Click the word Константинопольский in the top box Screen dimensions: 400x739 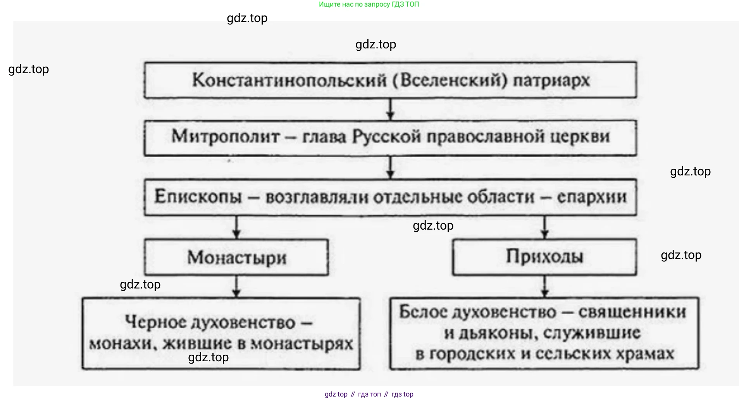click(x=289, y=81)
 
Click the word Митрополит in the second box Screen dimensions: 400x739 click(x=225, y=137)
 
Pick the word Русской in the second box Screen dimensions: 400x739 click(x=386, y=137)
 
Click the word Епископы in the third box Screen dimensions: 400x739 click(x=198, y=197)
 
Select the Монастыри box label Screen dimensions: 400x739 click(x=237, y=258)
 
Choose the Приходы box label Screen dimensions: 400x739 click(x=544, y=257)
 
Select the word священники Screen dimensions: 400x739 click(x=632, y=312)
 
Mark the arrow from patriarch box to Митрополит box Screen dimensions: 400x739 click(x=390, y=110)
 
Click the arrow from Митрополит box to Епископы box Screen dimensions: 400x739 click(x=390, y=167)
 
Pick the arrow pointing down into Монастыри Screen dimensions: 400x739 click(x=237, y=227)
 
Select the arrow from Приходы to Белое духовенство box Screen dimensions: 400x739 click(x=544, y=287)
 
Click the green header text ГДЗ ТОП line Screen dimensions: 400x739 click(x=369, y=5)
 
